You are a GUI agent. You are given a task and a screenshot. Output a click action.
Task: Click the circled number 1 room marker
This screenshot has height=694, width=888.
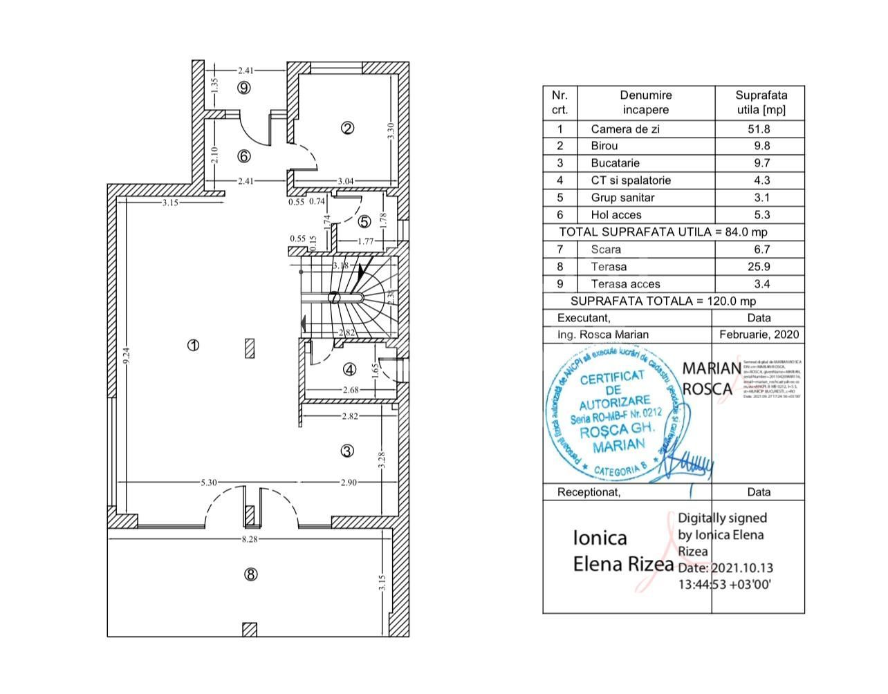(x=194, y=345)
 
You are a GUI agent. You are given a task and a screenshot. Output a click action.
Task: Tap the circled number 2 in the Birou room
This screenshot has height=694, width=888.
(x=348, y=127)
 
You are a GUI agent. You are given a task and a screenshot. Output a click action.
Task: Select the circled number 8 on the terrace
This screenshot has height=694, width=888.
(x=251, y=574)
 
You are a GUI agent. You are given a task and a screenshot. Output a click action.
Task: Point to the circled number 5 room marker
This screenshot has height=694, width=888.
(x=364, y=222)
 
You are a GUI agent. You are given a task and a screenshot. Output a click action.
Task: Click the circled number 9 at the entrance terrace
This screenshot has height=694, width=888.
(x=243, y=87)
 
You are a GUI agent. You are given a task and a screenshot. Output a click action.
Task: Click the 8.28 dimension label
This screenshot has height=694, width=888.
(x=249, y=538)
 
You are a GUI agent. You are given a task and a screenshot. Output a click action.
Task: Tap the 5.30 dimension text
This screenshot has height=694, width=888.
(x=209, y=482)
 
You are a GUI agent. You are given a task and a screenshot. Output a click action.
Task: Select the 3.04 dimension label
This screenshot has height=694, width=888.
(x=345, y=181)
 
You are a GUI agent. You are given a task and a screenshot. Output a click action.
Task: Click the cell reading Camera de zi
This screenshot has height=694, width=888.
(x=625, y=129)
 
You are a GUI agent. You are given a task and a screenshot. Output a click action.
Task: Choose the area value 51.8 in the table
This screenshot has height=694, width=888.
(x=761, y=129)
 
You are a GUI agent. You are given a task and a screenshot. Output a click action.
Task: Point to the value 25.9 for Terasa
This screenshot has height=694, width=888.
(x=761, y=266)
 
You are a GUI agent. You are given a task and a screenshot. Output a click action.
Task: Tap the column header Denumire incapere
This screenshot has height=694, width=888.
(x=645, y=102)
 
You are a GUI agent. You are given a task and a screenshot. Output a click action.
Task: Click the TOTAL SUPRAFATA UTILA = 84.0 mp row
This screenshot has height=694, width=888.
(x=663, y=232)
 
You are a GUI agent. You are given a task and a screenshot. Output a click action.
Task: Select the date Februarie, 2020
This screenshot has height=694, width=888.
(x=759, y=335)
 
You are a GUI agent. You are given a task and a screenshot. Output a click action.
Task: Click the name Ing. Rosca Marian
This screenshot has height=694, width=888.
(x=603, y=335)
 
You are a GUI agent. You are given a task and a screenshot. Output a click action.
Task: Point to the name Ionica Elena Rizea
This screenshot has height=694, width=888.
(x=622, y=551)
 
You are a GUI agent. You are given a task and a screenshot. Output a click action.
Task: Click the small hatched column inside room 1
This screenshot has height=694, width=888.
(x=250, y=348)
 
